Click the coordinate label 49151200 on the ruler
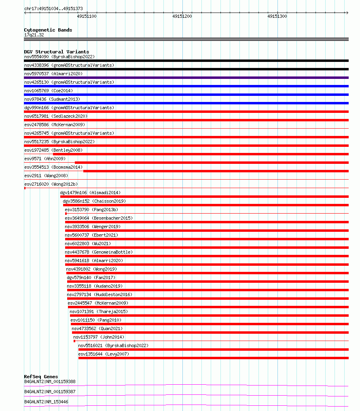click(x=182, y=16)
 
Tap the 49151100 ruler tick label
click(x=87, y=16)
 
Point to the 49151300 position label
click(x=277, y=16)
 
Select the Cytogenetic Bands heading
click(x=48, y=30)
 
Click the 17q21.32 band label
click(x=34, y=35)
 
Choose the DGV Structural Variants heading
click(x=56, y=52)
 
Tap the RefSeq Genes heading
click(x=41, y=377)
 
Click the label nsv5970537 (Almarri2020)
click(x=53, y=74)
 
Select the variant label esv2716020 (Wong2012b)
click(x=51, y=184)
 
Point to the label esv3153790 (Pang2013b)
click(x=91, y=210)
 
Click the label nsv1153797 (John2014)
click(x=99, y=337)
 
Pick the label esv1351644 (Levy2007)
click(x=104, y=354)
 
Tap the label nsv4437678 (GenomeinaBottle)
click(x=99, y=252)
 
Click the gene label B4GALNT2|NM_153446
click(x=46, y=402)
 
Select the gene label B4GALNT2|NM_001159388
click(x=50, y=381)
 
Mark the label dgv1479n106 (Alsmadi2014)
click(x=90, y=193)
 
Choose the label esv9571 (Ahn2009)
click(x=44, y=159)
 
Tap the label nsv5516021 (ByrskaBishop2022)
click(x=113, y=345)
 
